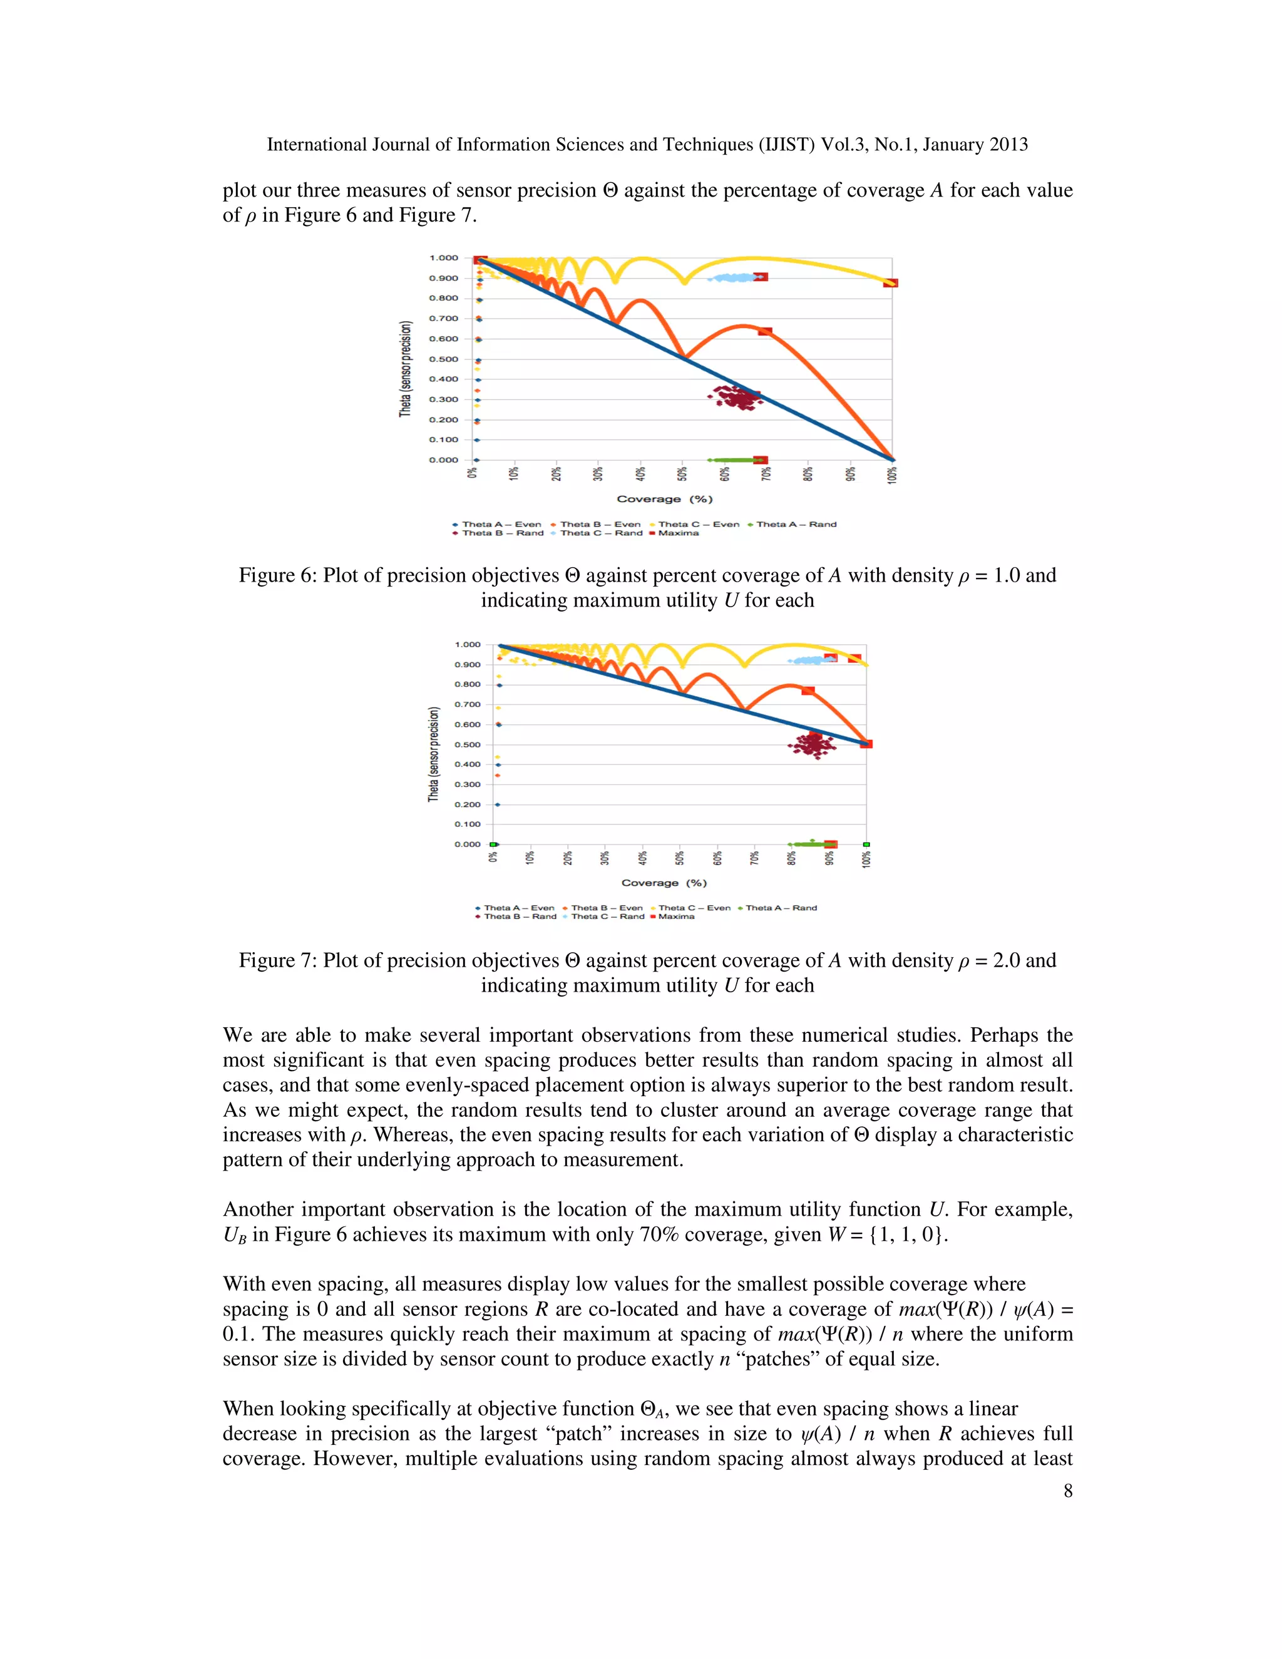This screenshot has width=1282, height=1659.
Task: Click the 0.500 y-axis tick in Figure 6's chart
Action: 444,359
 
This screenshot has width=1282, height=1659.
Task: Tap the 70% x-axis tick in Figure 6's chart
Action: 766,473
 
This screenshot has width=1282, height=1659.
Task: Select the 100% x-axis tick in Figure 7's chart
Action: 866,858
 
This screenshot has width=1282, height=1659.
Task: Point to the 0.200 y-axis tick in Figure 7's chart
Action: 468,804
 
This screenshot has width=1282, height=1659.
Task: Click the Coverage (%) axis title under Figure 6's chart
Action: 665,499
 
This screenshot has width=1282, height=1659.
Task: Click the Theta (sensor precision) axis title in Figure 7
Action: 434,754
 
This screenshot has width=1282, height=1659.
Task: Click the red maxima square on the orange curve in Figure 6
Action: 765,331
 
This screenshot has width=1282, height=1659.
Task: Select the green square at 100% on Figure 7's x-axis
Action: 866,844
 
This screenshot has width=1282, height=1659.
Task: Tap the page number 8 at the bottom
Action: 1067,1491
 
